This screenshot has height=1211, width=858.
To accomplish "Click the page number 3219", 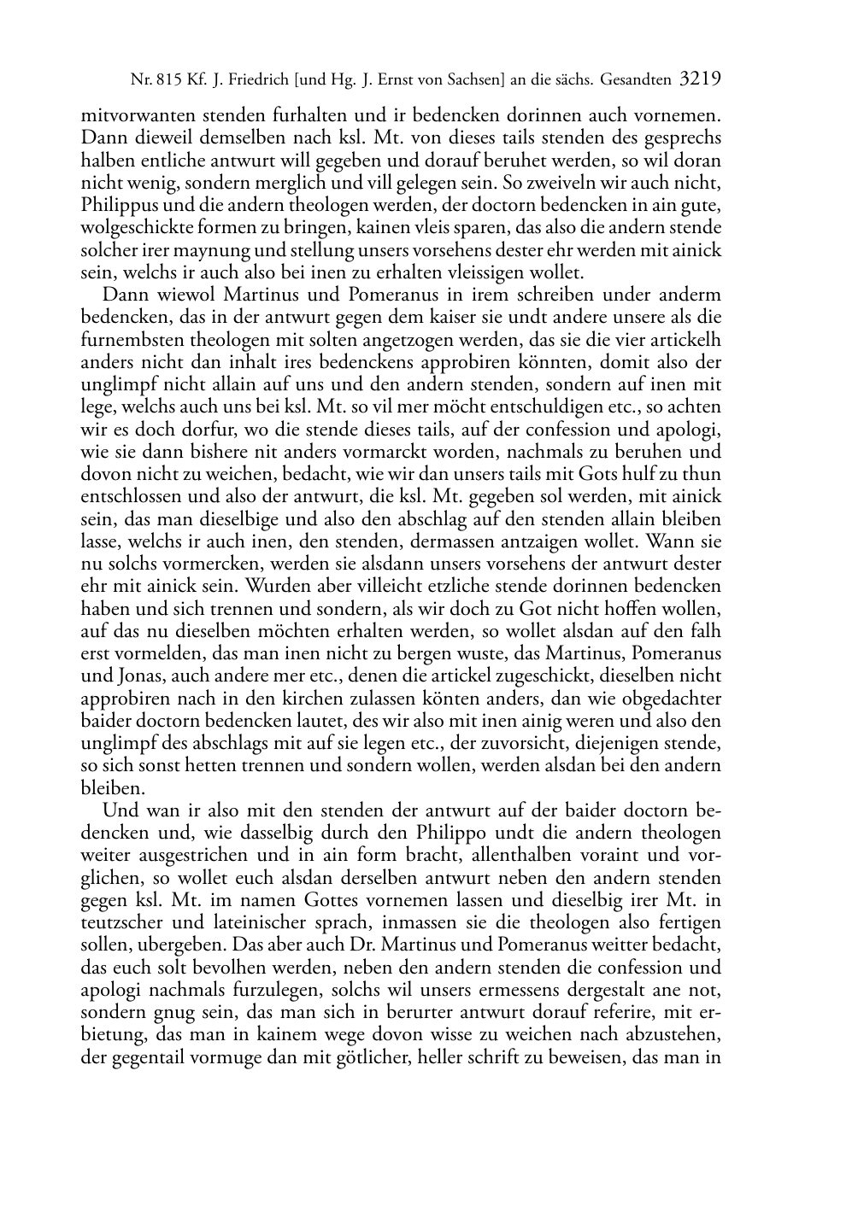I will point(700,80).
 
